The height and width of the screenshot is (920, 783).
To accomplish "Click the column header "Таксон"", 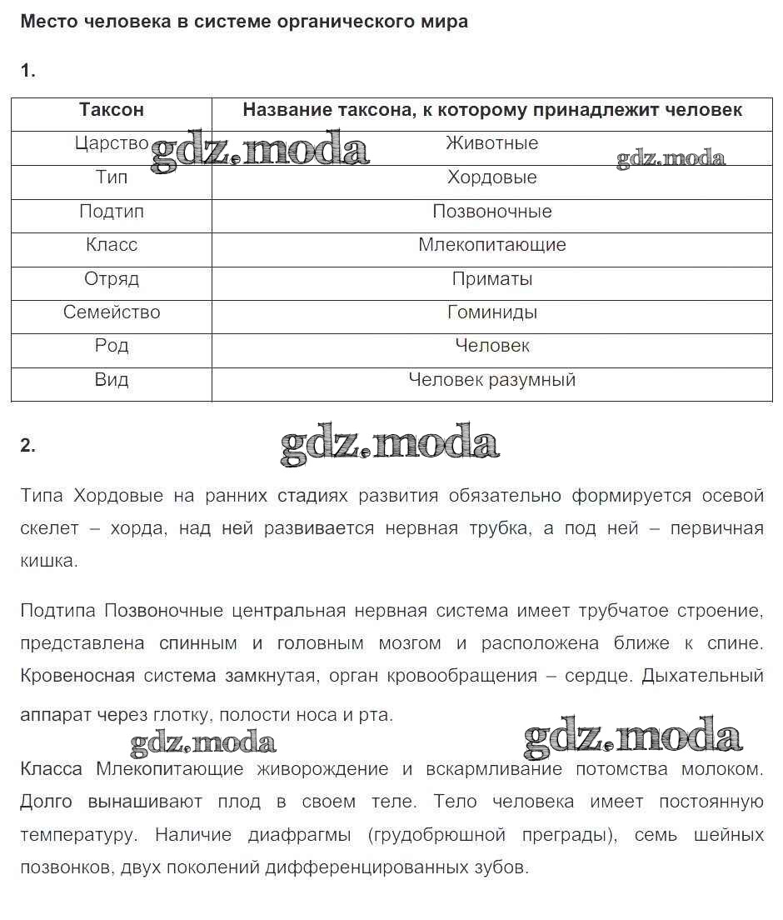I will [x=112, y=110].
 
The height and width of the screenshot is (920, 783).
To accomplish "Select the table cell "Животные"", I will [x=492, y=143].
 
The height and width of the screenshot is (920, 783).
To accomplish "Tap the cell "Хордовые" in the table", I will [x=492, y=177].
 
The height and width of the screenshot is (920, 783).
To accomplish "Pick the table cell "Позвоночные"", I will [x=492, y=212].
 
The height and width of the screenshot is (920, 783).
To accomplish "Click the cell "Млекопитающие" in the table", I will [x=492, y=245].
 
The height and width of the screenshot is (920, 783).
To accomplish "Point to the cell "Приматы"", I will [x=492, y=279].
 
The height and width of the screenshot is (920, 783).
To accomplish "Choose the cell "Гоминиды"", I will [x=492, y=312].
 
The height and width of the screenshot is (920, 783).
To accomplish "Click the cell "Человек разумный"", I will [x=492, y=380].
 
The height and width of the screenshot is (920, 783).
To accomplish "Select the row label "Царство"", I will [x=112, y=143].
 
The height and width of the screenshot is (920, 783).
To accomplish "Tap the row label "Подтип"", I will [x=112, y=212].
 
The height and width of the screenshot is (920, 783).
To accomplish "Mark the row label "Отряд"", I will [x=112, y=279].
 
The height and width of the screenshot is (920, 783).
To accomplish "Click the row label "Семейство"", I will [x=112, y=312].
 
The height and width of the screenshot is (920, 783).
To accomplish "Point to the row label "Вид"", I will [x=112, y=380].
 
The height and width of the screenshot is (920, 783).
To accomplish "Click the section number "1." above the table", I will [x=28, y=71].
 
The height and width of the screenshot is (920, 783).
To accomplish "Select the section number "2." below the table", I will [x=28, y=446].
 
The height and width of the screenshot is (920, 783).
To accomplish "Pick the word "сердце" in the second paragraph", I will [x=610, y=676].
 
